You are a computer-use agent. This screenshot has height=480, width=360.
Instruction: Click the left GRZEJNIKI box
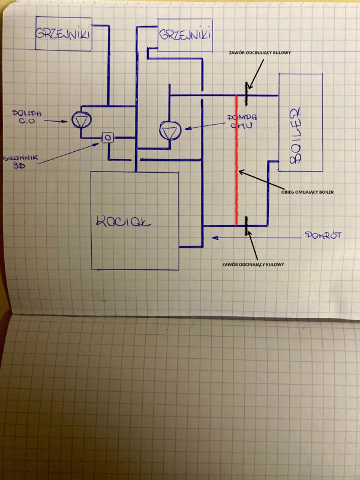[62, 34]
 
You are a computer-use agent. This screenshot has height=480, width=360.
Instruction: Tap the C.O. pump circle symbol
[80, 119]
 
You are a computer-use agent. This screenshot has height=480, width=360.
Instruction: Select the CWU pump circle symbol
[169, 129]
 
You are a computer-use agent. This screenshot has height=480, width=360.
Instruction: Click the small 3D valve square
[108, 138]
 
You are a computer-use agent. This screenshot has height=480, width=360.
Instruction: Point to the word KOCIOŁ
[124, 222]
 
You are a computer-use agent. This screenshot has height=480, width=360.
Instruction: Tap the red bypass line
[237, 157]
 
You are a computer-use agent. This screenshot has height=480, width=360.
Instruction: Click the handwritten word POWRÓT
[322, 236]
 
